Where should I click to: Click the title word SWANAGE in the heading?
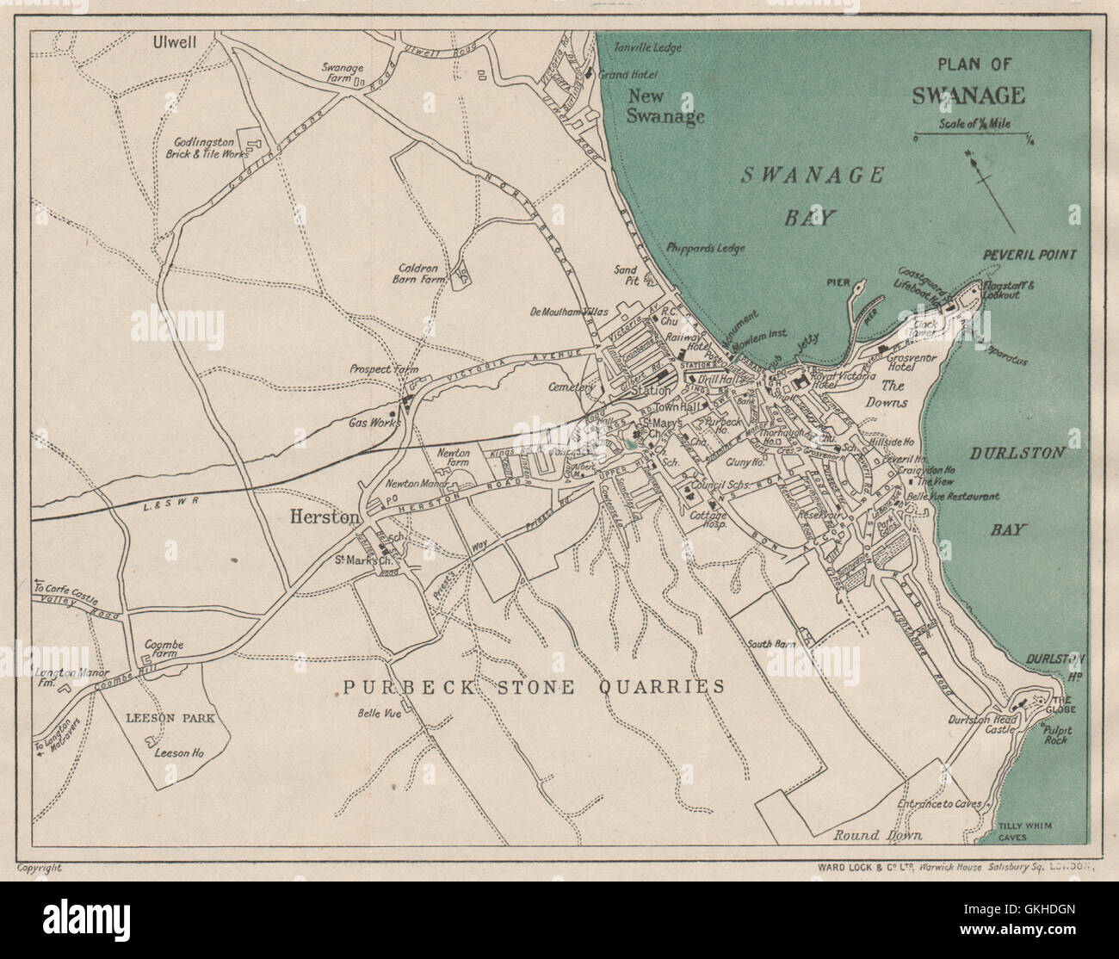(968, 94)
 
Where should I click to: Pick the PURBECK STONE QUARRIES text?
(534, 686)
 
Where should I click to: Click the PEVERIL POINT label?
(1029, 255)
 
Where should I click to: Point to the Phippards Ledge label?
(706, 248)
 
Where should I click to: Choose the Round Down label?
(878, 835)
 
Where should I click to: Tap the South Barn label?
(770, 643)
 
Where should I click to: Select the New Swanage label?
(665, 107)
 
